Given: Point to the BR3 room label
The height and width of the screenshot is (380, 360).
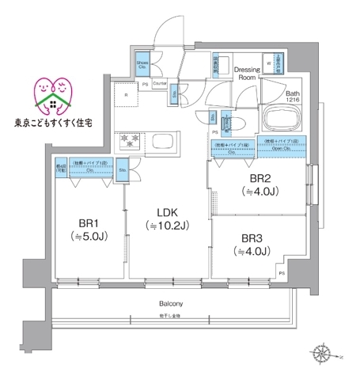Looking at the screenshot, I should click(x=252, y=237).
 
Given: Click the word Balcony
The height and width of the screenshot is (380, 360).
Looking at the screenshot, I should click(x=171, y=304).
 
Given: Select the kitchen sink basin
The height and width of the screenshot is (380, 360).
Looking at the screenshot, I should click(x=168, y=143).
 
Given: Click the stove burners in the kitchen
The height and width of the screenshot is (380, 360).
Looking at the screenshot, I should click(x=129, y=142).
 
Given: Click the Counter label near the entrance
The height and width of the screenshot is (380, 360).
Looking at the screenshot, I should click(x=159, y=82).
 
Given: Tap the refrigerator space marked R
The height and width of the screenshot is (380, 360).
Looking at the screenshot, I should click(x=127, y=97).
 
